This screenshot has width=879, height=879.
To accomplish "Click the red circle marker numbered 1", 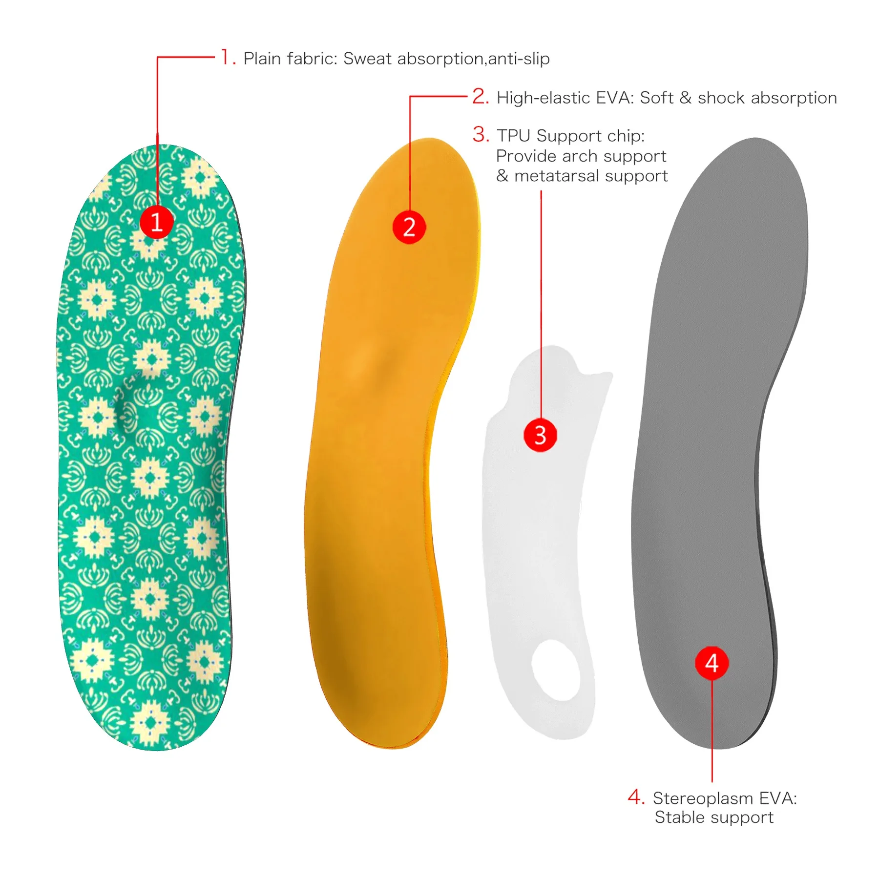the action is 157,222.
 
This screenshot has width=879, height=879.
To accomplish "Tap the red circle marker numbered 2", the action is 409,227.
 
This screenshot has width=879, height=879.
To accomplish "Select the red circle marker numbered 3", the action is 540,435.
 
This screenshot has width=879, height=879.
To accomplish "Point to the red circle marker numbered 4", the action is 712,663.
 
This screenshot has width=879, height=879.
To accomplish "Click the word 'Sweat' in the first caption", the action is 367,59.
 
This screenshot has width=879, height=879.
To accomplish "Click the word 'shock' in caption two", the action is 721,98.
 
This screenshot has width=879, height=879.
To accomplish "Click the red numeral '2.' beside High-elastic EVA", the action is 481,97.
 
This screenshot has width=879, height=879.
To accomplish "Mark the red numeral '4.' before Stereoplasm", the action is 636,797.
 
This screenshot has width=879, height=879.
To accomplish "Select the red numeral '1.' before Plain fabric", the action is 228,57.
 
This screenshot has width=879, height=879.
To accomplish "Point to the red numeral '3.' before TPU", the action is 481,135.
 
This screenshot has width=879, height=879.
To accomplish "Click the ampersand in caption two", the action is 686,98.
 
